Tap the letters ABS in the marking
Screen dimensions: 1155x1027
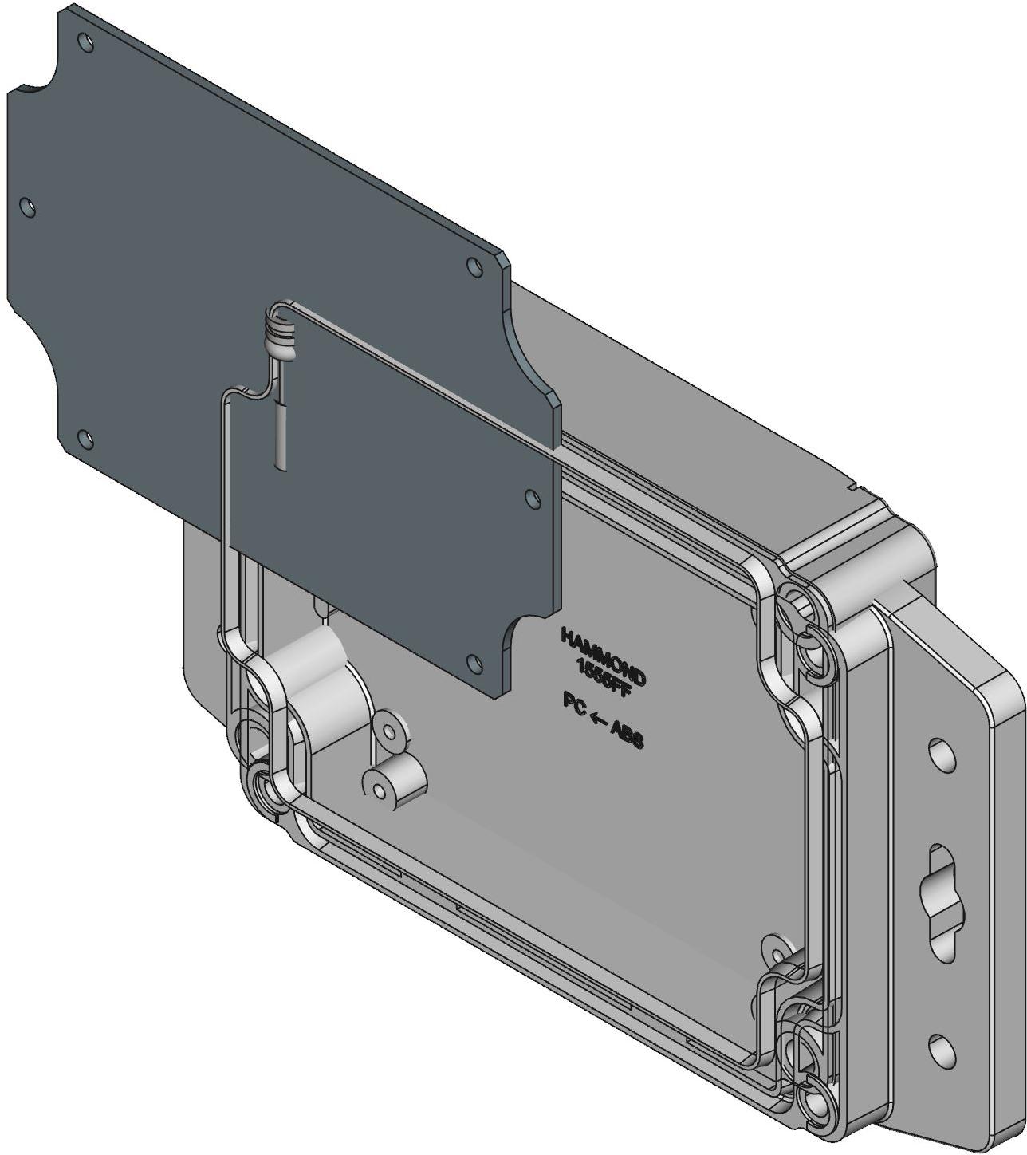(x=626, y=732)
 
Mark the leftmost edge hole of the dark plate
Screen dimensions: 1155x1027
(x=29, y=207)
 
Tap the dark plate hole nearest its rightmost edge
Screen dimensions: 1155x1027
(x=532, y=497)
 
